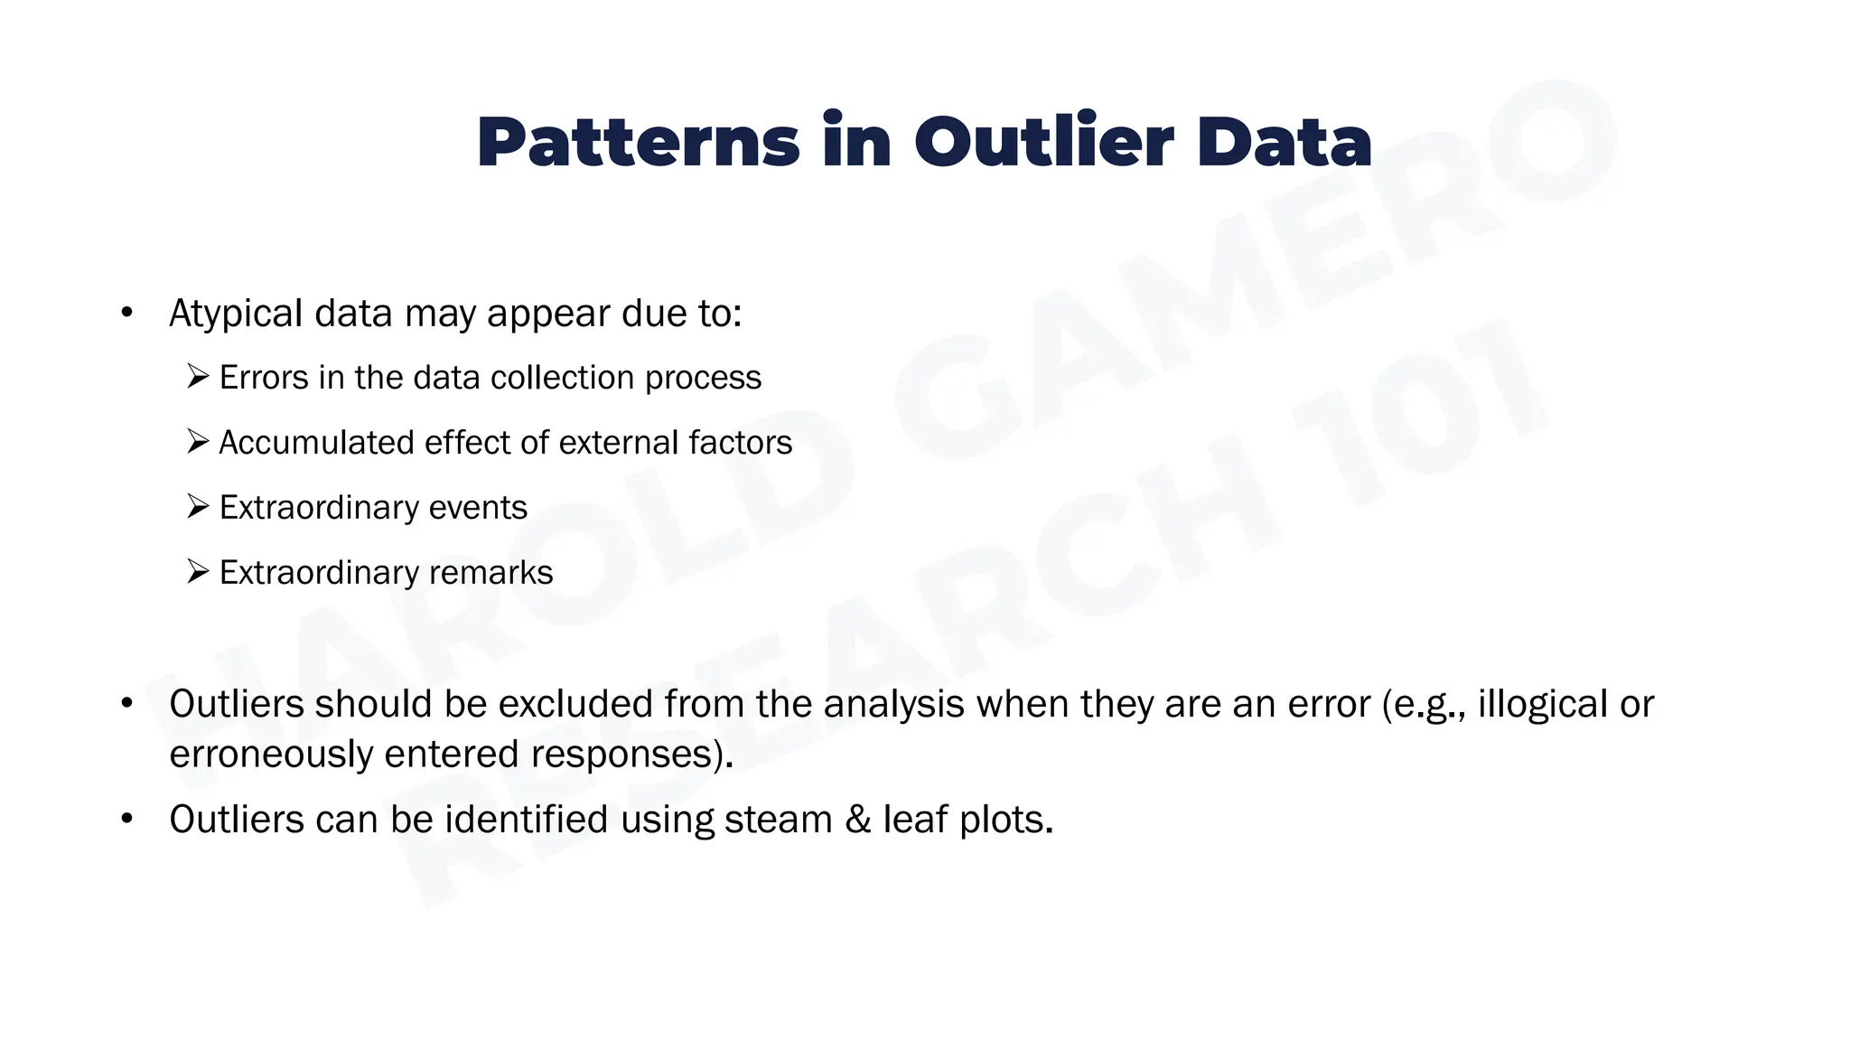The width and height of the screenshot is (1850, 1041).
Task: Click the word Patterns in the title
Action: [x=638, y=143]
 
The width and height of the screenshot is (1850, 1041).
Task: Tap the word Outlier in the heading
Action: [x=1043, y=143]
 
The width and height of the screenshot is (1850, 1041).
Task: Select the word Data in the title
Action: [x=1284, y=143]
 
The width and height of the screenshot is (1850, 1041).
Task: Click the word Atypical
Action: [x=236, y=314]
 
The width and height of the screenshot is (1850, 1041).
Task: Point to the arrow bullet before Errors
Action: [x=198, y=376]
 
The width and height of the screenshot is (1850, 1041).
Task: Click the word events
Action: [x=477, y=508]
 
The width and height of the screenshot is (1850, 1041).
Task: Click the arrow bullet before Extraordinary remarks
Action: [x=198, y=571]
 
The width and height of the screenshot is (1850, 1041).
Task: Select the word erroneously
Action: [x=271, y=754]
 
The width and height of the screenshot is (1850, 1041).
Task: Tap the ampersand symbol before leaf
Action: [x=857, y=820]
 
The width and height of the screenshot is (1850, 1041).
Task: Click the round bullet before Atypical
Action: [x=126, y=314]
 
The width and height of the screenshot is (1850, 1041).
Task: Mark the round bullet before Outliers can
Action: [x=126, y=820]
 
